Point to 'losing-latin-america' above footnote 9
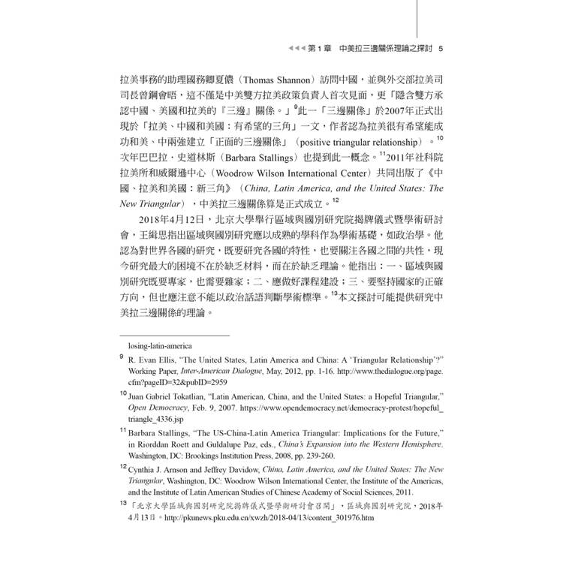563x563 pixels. pyautogui.click(x=159, y=346)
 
